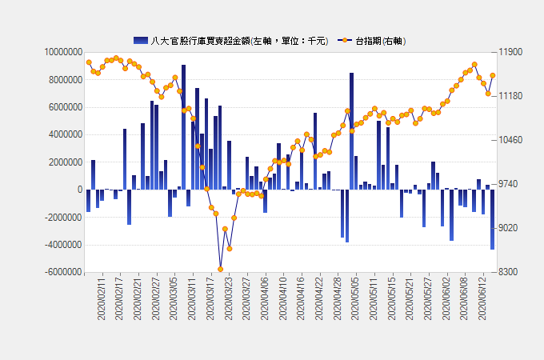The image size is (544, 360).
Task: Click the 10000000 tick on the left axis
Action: point(63,52)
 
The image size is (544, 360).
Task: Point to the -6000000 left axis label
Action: point(63,272)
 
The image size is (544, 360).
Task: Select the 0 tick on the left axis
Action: point(80,190)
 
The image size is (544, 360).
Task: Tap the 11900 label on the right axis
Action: point(510,52)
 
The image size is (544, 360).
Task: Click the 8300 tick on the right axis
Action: point(508,272)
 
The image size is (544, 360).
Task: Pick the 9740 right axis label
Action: point(508,184)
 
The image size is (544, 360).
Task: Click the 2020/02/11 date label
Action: point(101,298)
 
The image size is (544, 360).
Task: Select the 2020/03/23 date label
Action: point(228,298)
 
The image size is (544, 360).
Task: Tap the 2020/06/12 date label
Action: point(482,298)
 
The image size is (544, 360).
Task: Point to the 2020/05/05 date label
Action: point(355,298)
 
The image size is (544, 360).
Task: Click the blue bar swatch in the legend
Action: point(141,41)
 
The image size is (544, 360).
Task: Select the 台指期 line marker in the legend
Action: point(345,41)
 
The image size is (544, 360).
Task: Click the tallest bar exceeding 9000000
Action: point(183,127)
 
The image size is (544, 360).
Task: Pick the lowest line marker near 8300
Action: point(220,269)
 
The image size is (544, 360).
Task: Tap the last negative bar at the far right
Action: point(492,219)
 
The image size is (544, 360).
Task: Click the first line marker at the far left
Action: point(89,62)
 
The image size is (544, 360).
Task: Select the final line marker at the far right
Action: point(493,76)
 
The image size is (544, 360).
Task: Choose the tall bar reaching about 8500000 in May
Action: point(351,131)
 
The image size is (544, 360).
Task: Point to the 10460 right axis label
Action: point(510,140)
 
